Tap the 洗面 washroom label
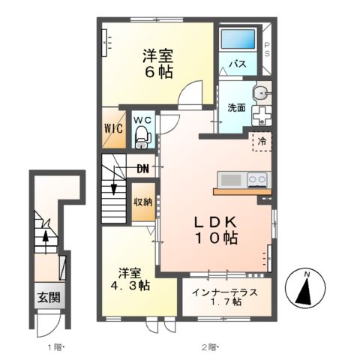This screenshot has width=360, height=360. click(x=237, y=107)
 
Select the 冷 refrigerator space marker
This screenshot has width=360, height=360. click(x=262, y=140)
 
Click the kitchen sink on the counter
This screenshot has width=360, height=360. click(x=230, y=180)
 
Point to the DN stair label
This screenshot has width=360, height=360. click(x=142, y=168)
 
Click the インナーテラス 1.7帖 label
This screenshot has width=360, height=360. click(x=226, y=296)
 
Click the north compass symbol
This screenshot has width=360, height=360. click(x=306, y=289)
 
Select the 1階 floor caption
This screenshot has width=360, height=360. click(x=57, y=346)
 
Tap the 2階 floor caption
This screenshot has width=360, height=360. click(x=208, y=346)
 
